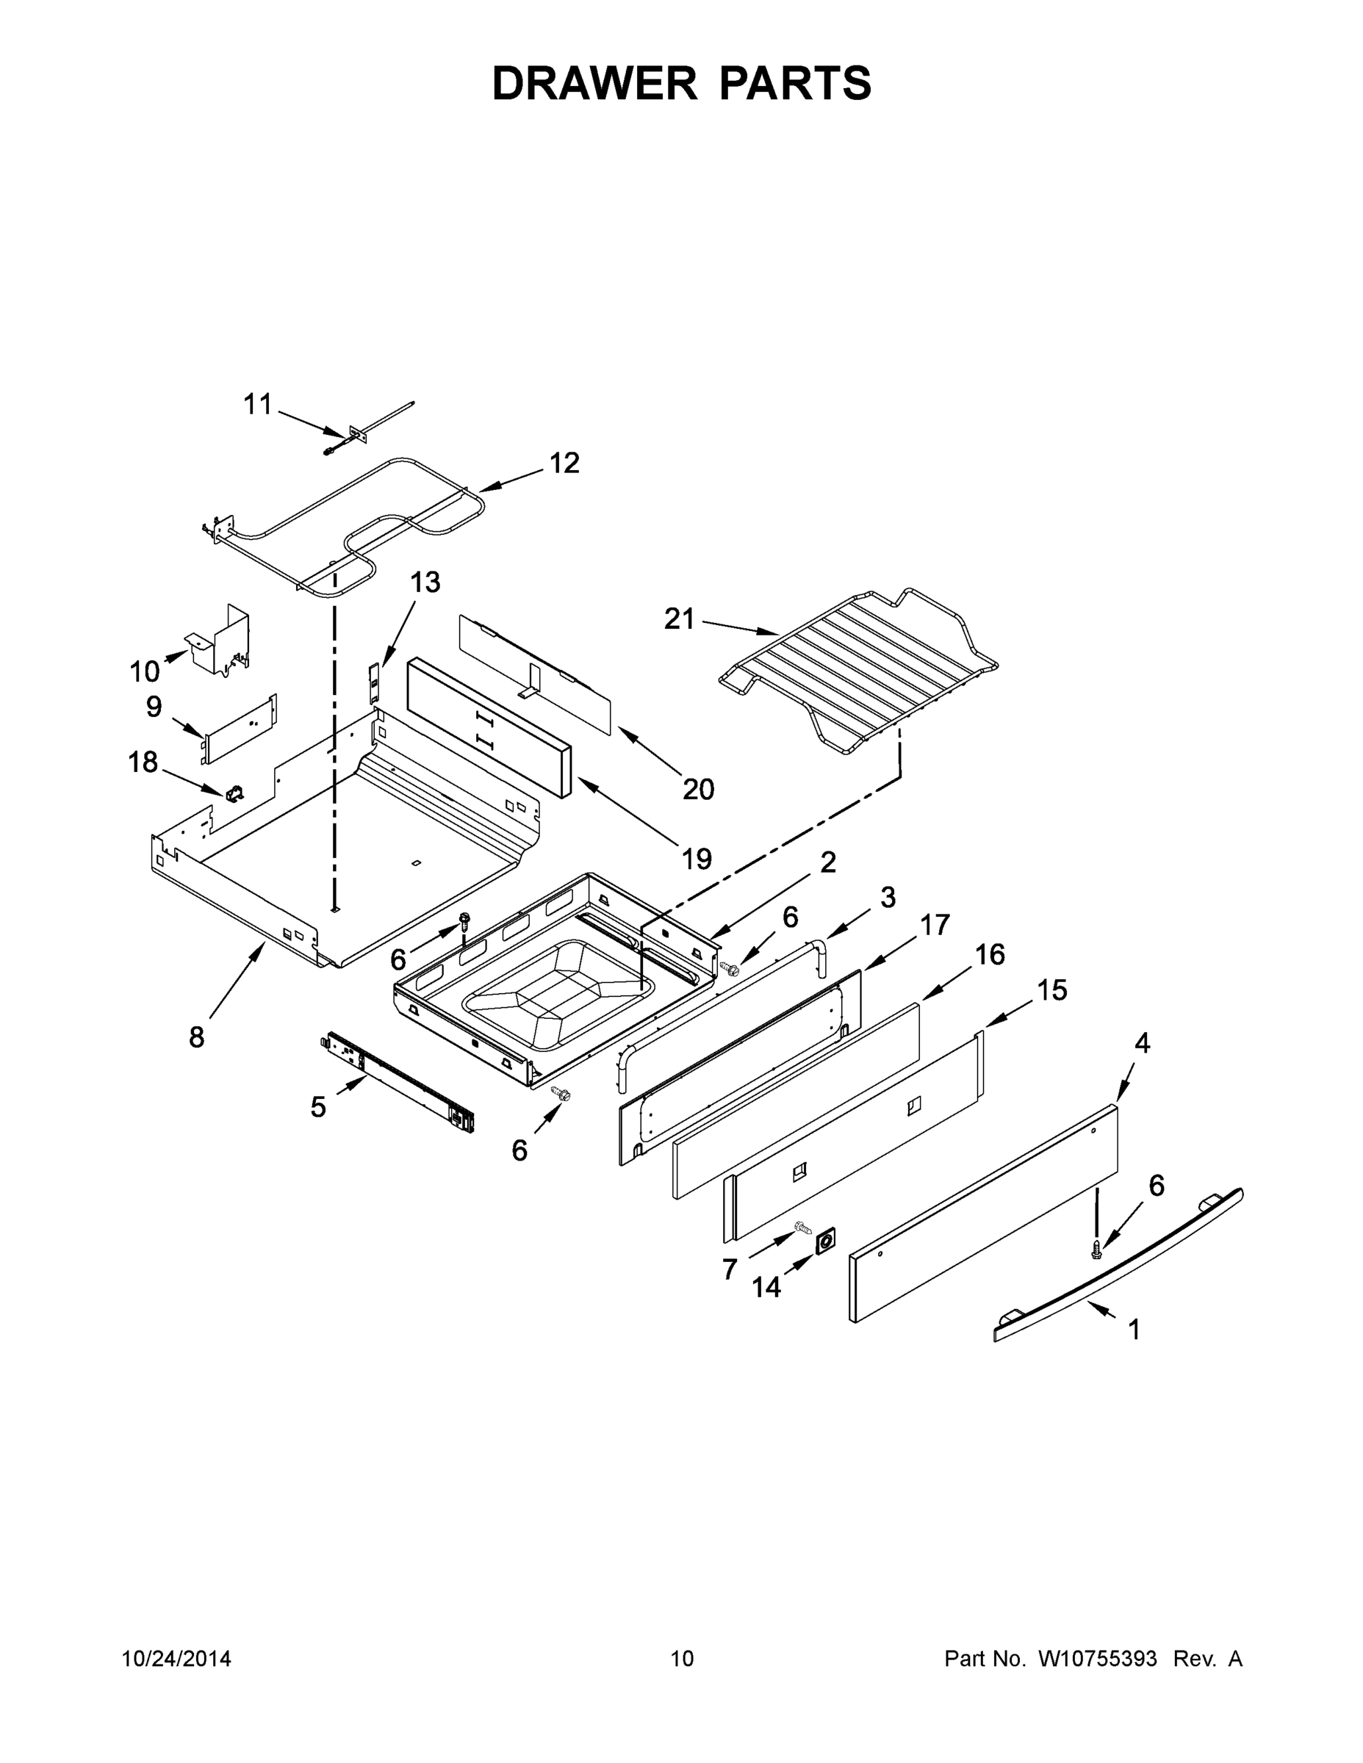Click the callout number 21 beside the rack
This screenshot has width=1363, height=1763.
tap(679, 619)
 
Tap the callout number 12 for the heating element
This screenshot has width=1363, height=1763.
tap(564, 464)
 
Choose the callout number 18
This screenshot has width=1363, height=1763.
tap(143, 762)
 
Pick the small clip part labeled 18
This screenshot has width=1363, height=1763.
tap(234, 794)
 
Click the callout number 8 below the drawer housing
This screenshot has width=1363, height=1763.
tap(197, 1037)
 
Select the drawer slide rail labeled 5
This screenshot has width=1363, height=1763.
tap(400, 1082)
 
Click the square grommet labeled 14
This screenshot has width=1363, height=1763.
tap(825, 1243)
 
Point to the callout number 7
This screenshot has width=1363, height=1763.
tap(729, 1270)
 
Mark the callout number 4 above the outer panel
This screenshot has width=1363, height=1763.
tap(1142, 1043)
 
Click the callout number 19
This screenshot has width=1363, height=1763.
tap(697, 859)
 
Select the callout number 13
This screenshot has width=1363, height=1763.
tap(425, 582)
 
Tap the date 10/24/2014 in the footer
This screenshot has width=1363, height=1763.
tap(176, 1659)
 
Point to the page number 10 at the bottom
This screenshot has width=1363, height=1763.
tap(682, 1659)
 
